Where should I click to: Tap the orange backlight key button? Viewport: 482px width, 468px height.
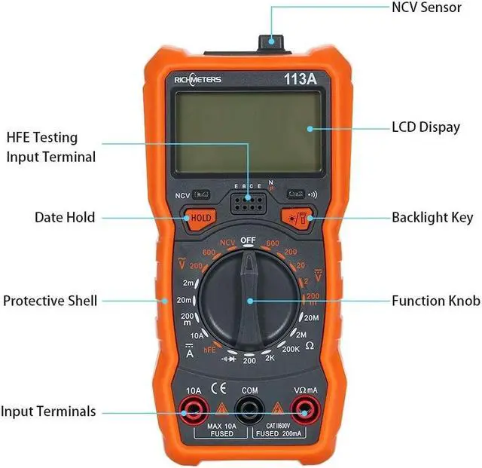click(x=297, y=218)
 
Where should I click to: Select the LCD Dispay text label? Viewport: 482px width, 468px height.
click(x=426, y=127)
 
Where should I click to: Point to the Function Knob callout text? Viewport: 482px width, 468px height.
click(x=435, y=301)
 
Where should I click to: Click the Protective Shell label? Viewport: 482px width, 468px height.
click(x=50, y=301)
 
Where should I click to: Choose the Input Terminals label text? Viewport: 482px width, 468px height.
click(x=48, y=411)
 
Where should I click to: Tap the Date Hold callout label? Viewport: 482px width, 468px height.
click(x=65, y=218)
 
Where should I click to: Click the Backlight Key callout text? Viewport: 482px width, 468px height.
click(x=432, y=218)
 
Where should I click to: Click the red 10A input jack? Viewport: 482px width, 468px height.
click(x=194, y=411)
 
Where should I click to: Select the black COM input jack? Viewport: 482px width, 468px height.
click(x=249, y=411)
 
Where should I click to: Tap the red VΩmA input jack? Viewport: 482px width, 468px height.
click(x=305, y=411)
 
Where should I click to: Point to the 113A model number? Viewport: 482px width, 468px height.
click(x=299, y=78)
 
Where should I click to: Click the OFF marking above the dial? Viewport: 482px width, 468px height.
click(x=249, y=240)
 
